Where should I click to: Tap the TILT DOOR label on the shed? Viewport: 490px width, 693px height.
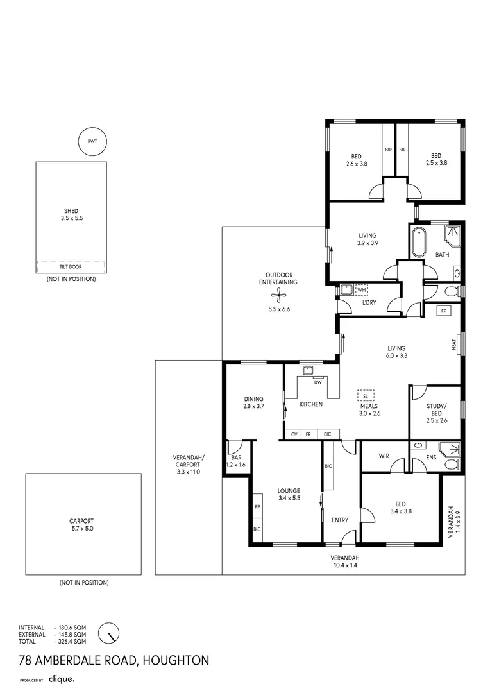pos(71,267)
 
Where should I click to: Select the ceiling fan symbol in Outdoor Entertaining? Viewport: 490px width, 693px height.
pos(278,295)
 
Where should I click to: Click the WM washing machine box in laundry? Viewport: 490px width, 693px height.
pos(362,290)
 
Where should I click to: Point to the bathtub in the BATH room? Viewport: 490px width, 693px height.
pos(418,242)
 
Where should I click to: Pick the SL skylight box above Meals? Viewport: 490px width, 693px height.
pos(366,396)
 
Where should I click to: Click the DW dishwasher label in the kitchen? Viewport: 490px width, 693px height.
pos(318,382)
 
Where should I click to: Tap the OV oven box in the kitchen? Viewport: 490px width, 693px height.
pos(294,434)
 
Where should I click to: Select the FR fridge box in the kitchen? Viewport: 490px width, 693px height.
pos(308,434)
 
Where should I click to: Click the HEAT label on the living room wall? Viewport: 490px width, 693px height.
pos(454,345)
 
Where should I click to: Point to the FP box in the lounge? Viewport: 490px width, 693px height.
pos(257,506)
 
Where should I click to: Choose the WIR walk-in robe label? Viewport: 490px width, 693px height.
pos(384,456)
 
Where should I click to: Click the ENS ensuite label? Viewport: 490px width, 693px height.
pos(431,457)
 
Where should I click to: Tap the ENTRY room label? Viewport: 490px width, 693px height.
pos(340,520)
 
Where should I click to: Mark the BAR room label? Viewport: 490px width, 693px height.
pos(236,458)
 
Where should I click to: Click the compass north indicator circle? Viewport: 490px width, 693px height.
pos(109,633)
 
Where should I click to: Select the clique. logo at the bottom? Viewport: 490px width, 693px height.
pos(62,680)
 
